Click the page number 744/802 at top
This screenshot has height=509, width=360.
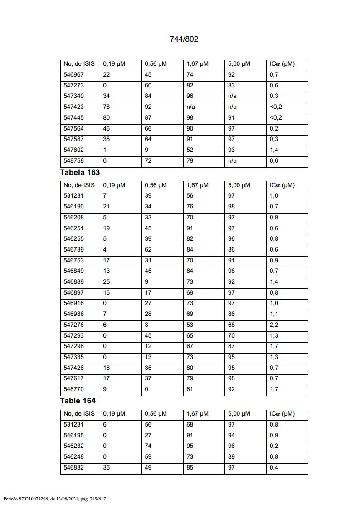[x=184, y=39]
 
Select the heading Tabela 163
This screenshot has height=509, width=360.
[x=80, y=172]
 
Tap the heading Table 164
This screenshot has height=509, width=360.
[x=78, y=401]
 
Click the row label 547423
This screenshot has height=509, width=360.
[x=73, y=107]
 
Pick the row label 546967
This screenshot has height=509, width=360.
[x=73, y=75]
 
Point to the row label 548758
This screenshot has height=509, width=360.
[x=73, y=161]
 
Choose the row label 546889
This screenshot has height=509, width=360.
[x=73, y=282]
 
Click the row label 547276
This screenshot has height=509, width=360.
[x=73, y=325]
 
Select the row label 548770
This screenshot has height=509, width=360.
[x=73, y=389]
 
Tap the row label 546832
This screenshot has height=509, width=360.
[x=73, y=468]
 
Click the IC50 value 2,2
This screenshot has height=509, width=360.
[x=274, y=325]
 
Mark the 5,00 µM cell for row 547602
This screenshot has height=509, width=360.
[x=231, y=150]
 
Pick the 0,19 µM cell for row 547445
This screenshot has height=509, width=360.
[x=107, y=118]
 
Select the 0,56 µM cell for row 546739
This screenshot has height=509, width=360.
[x=148, y=250]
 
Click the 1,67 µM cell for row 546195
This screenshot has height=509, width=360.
[x=190, y=436]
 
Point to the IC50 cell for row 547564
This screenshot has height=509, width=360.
[x=274, y=129]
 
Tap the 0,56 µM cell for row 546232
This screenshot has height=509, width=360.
[x=148, y=446]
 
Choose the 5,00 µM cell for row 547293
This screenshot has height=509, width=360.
[x=231, y=336]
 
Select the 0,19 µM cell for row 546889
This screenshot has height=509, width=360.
[x=107, y=282]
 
